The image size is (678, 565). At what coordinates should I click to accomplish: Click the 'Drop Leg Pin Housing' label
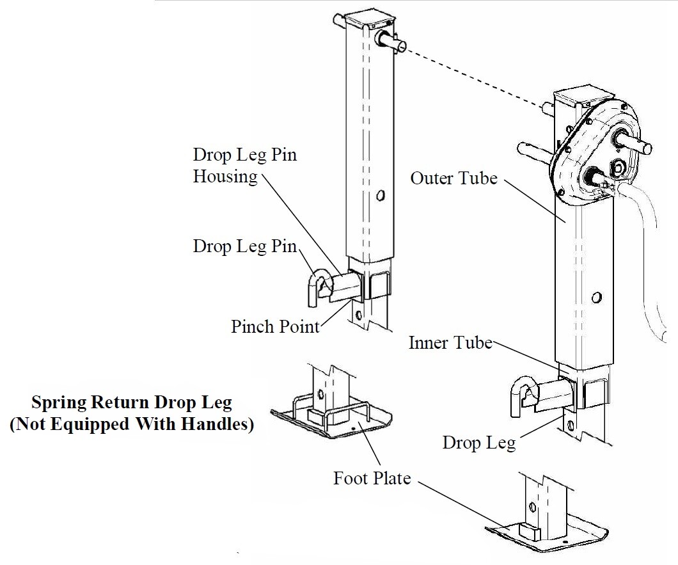tap(244, 166)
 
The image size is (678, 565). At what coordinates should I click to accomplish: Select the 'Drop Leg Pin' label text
tap(244, 246)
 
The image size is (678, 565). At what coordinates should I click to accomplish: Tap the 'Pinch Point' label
tap(275, 326)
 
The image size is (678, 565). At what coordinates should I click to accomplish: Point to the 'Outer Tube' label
tap(453, 178)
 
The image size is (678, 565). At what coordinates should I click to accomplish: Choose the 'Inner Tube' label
tap(450, 343)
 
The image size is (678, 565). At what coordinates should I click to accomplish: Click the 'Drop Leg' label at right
tap(478, 443)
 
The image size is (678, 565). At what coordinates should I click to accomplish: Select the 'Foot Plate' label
tap(372, 478)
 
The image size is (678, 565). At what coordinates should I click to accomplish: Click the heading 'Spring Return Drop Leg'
tap(132, 403)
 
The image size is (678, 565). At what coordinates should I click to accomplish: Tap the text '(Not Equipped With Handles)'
tap(131, 424)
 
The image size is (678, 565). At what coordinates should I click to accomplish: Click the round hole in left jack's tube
tap(381, 195)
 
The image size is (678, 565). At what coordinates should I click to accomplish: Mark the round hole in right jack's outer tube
tap(597, 298)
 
